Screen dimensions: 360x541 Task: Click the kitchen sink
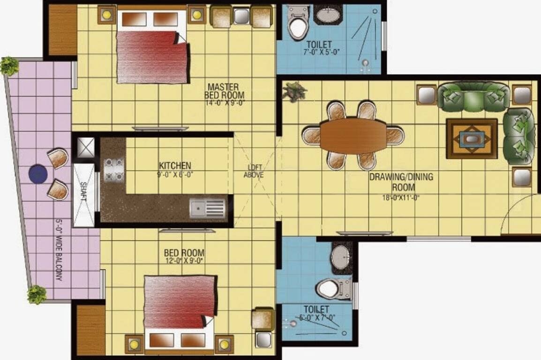pyautogui.click(x=208, y=208)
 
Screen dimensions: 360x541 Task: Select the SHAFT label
pyautogui.click(x=83, y=192)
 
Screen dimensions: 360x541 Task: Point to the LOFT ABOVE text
pyautogui.click(x=254, y=171)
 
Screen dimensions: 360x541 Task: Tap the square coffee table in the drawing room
pyautogui.click(x=472, y=139)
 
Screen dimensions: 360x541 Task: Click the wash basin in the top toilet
pyautogui.click(x=328, y=16)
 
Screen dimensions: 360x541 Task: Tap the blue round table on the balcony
pyautogui.click(x=38, y=174)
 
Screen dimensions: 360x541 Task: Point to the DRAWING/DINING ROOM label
pyautogui.click(x=401, y=182)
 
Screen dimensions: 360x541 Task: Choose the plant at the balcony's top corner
pyautogui.click(x=9, y=66)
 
